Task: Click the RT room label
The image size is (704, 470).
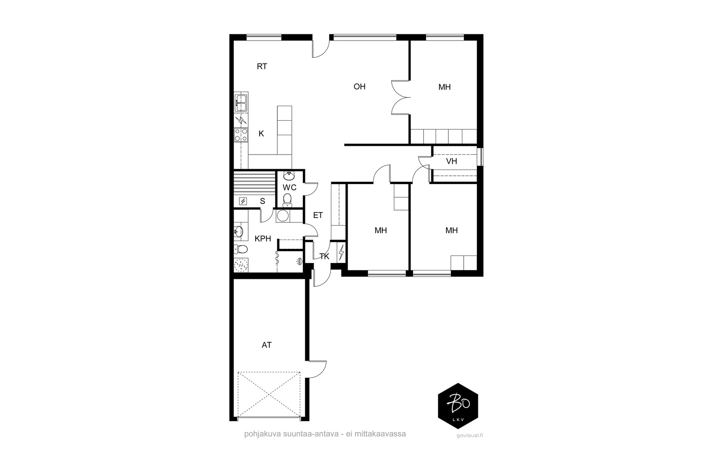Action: pyautogui.click(x=262, y=67)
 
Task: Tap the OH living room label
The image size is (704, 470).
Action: pyautogui.click(x=359, y=86)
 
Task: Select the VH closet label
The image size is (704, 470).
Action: pyautogui.click(x=451, y=161)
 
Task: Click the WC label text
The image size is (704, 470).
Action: pyautogui.click(x=290, y=188)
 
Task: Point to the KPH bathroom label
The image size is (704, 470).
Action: pyautogui.click(x=263, y=239)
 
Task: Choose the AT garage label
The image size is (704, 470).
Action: pyautogui.click(x=267, y=345)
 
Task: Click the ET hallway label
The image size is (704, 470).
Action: pyautogui.click(x=318, y=215)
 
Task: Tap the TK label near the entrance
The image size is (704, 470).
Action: pyautogui.click(x=324, y=256)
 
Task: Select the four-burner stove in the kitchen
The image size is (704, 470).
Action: pyautogui.click(x=241, y=135)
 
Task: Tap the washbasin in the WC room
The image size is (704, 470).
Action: pyautogui.click(x=289, y=175)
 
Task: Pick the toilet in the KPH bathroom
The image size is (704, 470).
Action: pyautogui.click(x=241, y=249)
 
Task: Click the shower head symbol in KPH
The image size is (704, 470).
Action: pyautogui.click(x=299, y=261)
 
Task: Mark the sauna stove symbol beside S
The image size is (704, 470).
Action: pyautogui.click(x=243, y=201)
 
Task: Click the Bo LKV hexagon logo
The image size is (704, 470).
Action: pyautogui.click(x=458, y=406)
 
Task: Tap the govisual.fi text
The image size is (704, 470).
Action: pyautogui.click(x=469, y=435)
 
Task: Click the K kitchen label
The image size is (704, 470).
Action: pyautogui.click(x=261, y=134)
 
